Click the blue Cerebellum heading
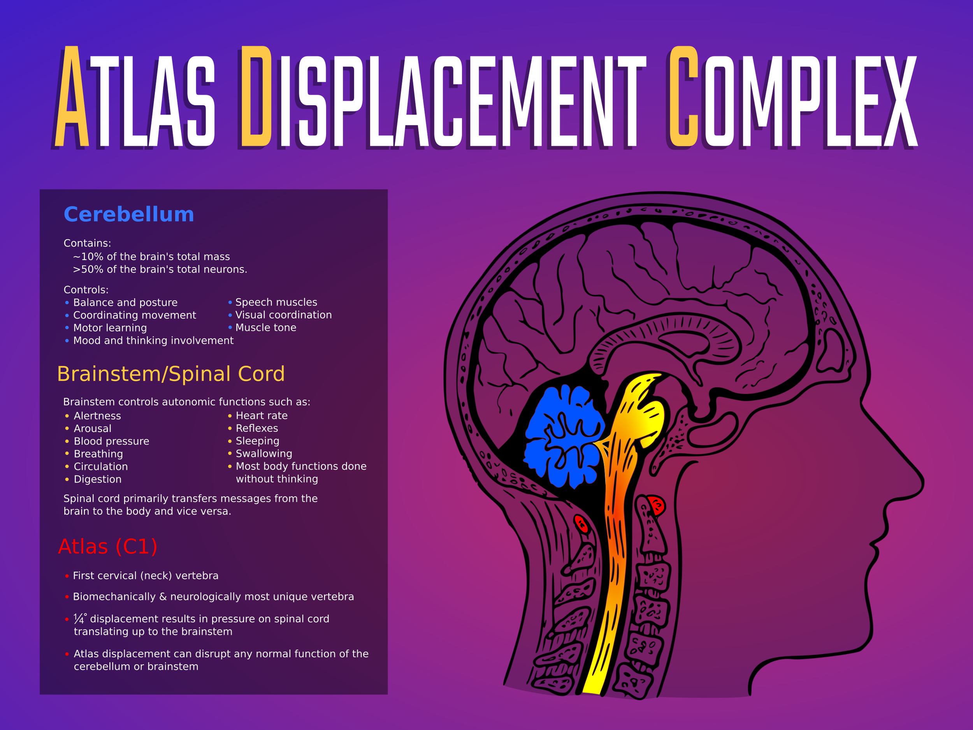[x=128, y=215]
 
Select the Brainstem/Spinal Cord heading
[x=171, y=374]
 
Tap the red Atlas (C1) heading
[x=107, y=547]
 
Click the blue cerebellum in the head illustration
[x=563, y=436]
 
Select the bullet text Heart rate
[x=261, y=415]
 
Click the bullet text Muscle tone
[x=266, y=327]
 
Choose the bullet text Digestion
[x=97, y=479]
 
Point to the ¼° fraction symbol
[x=80, y=619]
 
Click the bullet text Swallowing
[x=263, y=453]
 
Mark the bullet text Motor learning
[x=110, y=328]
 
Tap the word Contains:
[x=87, y=243]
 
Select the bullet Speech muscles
[x=276, y=302]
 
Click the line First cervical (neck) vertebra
[x=145, y=575]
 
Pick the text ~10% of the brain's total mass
[x=151, y=257]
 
